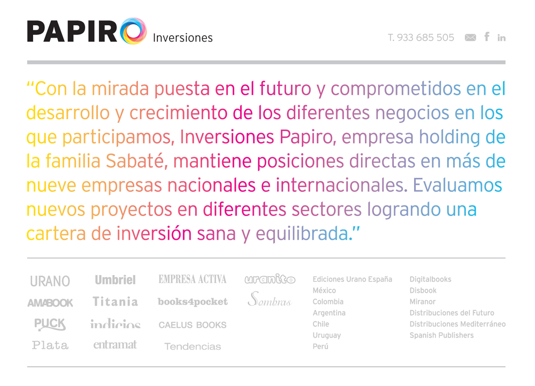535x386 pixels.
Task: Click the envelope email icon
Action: [x=470, y=38]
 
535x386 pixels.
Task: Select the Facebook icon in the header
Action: [x=487, y=36]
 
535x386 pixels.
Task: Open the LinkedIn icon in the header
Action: [x=501, y=38]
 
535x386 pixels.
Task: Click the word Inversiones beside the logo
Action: [x=182, y=38]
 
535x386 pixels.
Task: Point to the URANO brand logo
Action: [x=50, y=281]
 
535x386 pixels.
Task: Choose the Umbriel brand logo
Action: [x=116, y=280]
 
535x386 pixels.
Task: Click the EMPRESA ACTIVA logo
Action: [x=193, y=279]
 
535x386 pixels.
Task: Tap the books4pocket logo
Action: [x=193, y=301]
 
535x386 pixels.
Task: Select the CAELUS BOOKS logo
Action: [x=193, y=325]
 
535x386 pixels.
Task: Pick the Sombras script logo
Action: [x=270, y=299]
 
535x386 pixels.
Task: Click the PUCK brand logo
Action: [x=50, y=324]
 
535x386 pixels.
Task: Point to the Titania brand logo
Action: [x=116, y=301]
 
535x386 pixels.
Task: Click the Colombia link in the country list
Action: [x=328, y=301]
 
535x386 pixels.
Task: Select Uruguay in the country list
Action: [x=327, y=336]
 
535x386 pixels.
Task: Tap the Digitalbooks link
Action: [x=430, y=279]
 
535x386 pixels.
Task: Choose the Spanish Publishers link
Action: [x=441, y=336]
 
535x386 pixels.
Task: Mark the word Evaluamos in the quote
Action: [x=457, y=185]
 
